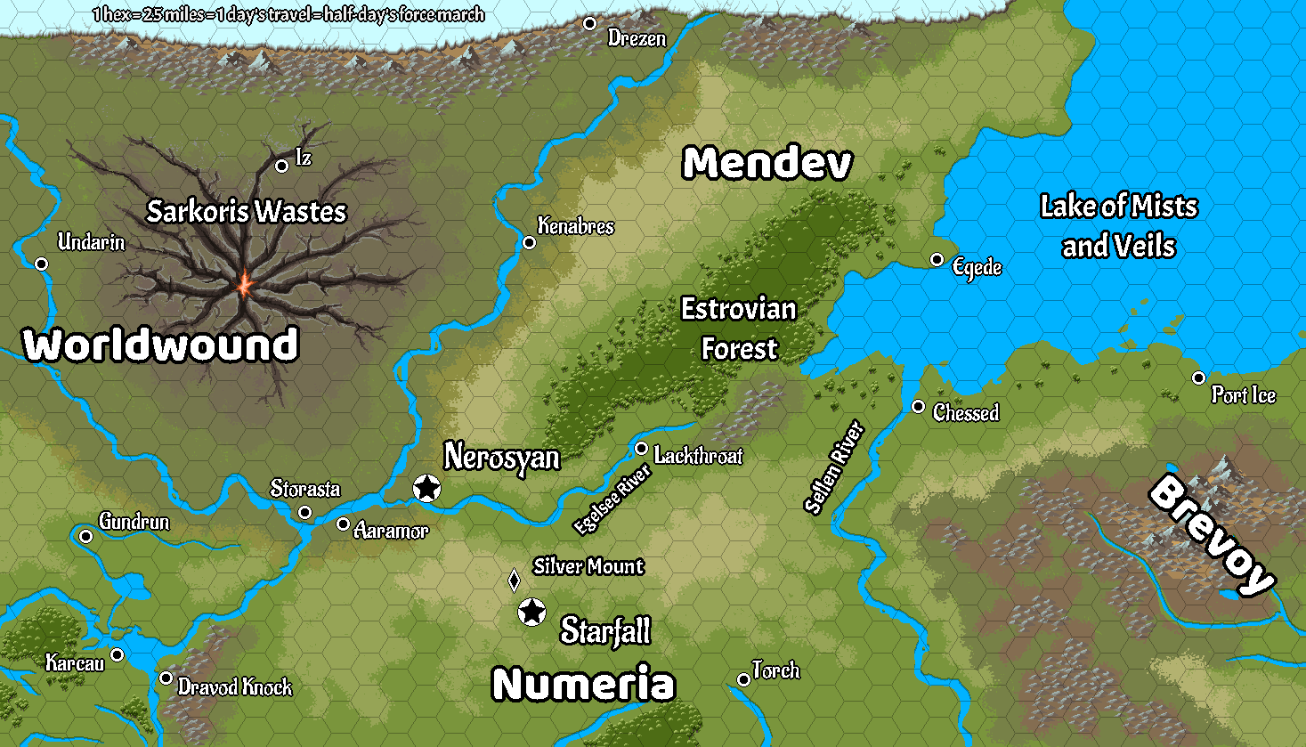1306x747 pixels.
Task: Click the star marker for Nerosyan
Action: (427, 488)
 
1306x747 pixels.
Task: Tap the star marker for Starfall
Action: (531, 613)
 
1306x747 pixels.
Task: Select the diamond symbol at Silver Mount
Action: (514, 581)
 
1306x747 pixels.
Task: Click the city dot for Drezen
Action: (589, 24)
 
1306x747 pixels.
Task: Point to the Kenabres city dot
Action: (529, 242)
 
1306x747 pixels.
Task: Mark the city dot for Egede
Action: (937, 260)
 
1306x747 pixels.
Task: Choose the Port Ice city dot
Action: (1198, 378)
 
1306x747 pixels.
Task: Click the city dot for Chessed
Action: (918, 407)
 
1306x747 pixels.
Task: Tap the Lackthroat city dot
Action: (641, 448)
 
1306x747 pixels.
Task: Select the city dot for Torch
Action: (743, 680)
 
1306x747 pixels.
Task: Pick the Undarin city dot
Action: (41, 264)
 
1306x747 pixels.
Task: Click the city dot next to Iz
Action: (281, 166)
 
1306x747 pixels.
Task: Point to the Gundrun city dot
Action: (85, 536)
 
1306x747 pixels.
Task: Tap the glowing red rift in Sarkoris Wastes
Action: (243, 285)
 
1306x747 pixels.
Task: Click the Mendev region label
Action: (767, 164)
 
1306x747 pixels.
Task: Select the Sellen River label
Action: (834, 467)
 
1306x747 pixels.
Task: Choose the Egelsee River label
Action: (612, 499)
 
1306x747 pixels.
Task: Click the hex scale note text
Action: (288, 14)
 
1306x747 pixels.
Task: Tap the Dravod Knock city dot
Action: (166, 678)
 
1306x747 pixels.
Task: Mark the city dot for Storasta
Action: (304, 512)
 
